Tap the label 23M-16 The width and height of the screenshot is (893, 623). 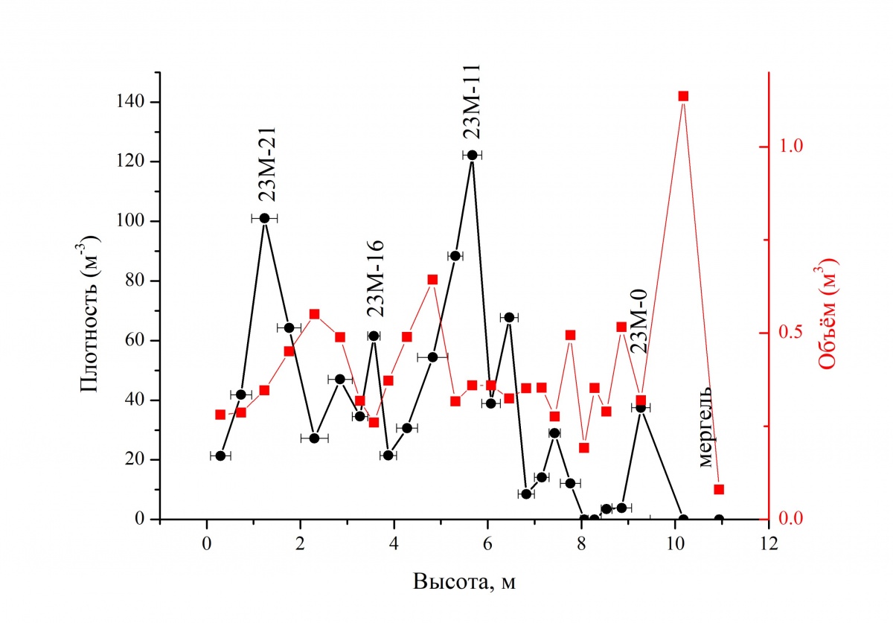coord(374,279)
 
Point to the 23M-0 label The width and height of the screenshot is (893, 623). coord(639,321)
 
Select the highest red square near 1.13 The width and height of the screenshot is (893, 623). coord(683,96)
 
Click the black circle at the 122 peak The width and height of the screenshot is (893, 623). coord(472,155)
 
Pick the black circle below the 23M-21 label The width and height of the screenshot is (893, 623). coord(264,218)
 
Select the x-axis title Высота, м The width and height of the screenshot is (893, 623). coord(464,581)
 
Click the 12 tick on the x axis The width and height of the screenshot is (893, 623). coord(769,542)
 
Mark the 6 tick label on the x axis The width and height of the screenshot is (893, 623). coord(487,542)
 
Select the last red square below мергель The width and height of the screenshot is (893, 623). coord(719,490)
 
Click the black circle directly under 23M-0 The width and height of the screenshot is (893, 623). coord(641,407)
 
